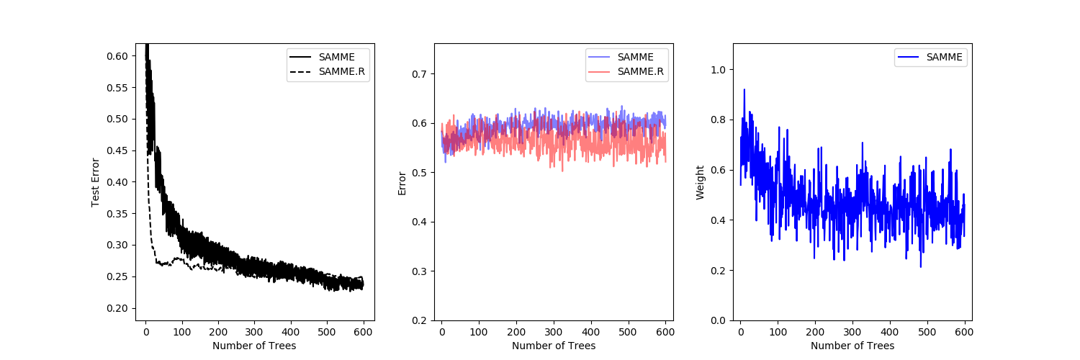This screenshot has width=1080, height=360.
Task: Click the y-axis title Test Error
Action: point(95,181)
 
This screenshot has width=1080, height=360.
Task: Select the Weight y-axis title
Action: point(700,181)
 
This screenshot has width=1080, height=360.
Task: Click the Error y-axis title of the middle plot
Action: point(402,181)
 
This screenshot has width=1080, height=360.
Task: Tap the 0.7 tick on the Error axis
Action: point(419,73)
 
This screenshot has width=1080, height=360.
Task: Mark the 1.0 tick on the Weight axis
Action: point(719,69)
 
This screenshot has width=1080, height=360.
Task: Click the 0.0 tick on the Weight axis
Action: point(719,320)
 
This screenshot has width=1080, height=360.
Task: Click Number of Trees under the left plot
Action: point(254,346)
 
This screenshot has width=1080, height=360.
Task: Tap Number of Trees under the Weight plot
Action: point(852,346)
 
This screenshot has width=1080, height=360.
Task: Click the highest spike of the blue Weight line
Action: point(744,89)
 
